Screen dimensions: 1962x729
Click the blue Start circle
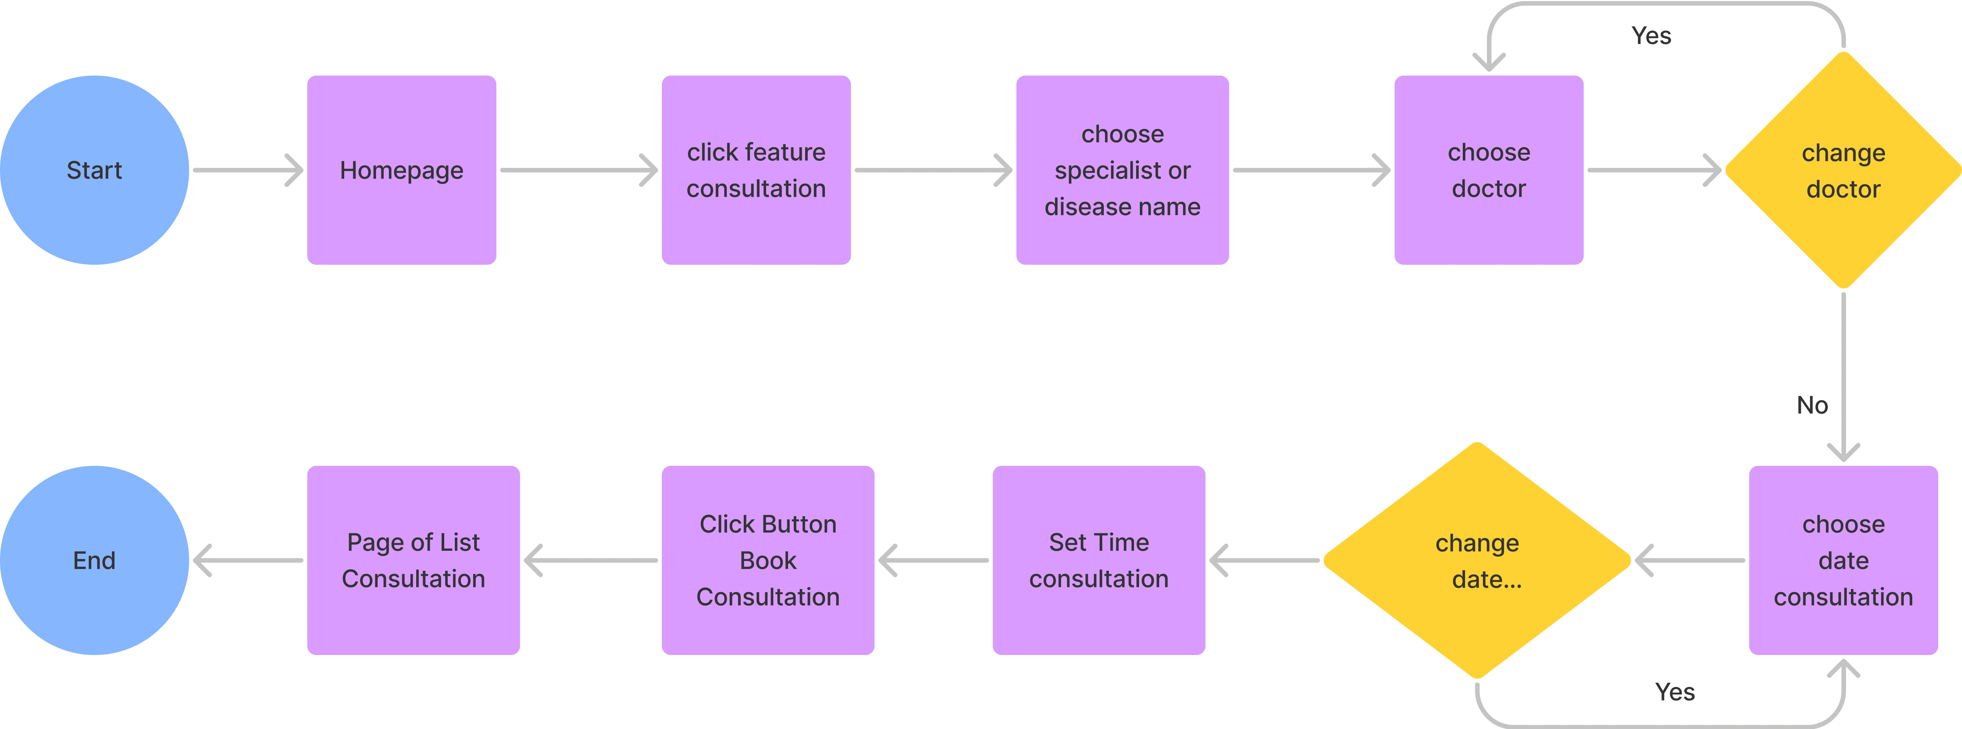click(94, 170)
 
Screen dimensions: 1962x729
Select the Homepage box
click(401, 170)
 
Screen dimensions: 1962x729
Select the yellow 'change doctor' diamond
click(1843, 170)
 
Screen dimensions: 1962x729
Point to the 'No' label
click(1812, 405)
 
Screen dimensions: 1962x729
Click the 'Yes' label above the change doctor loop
click(1651, 36)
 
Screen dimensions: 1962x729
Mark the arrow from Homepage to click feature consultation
click(579, 170)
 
